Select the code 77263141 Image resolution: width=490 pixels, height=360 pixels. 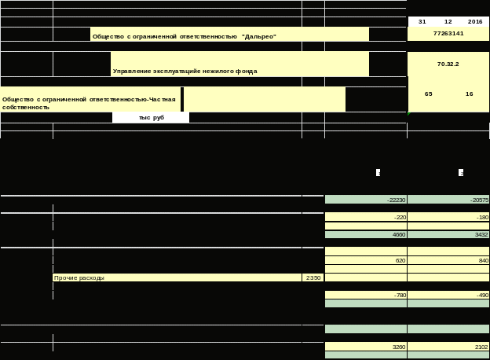click(448, 34)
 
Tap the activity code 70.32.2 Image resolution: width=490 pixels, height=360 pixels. click(448, 64)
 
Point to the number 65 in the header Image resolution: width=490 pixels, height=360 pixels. click(428, 94)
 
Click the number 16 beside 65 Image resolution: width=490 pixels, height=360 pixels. click(469, 94)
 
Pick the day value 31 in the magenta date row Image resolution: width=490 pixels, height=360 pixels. click(422, 22)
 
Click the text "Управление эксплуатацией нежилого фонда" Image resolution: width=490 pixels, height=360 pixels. click(185, 71)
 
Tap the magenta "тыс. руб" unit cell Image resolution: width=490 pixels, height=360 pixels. click(151, 117)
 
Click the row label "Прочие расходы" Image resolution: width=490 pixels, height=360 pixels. click(79, 277)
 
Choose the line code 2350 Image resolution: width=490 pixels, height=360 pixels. click(313, 277)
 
